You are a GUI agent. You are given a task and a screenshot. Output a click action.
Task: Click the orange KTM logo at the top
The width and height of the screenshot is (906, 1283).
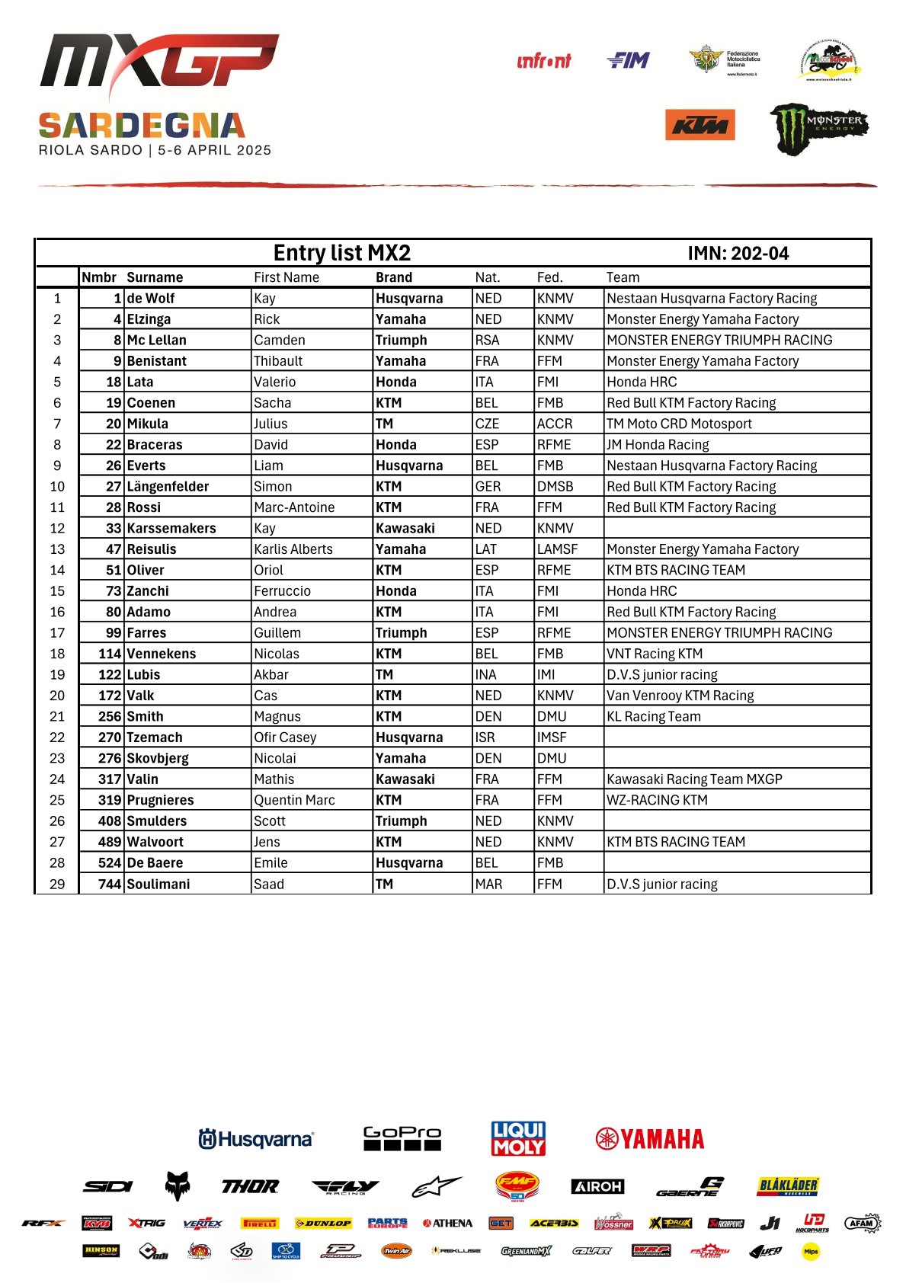click(700, 126)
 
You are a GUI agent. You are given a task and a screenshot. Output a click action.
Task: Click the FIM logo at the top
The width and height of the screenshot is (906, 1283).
click(629, 60)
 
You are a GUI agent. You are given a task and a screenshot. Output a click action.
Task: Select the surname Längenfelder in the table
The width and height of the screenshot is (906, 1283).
click(168, 487)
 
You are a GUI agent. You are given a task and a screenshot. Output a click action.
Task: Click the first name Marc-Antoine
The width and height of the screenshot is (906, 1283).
click(294, 507)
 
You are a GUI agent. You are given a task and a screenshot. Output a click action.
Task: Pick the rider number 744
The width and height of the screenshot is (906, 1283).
click(110, 884)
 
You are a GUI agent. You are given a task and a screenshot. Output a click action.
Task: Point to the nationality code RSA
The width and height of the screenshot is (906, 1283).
click(487, 341)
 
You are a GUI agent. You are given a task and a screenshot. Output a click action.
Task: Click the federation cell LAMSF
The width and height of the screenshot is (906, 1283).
click(557, 549)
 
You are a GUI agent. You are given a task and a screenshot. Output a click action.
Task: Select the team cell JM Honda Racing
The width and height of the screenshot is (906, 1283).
click(658, 445)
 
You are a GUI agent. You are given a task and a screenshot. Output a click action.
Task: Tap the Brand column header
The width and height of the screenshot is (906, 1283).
click(394, 277)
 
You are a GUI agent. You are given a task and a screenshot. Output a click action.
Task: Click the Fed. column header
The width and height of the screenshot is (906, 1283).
click(549, 277)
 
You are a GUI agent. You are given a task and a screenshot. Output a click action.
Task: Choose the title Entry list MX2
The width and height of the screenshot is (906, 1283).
click(342, 253)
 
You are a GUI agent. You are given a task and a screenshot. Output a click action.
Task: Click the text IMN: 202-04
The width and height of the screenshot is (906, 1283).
click(738, 254)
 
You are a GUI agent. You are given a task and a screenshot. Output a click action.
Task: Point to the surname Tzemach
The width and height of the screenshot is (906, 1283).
click(155, 737)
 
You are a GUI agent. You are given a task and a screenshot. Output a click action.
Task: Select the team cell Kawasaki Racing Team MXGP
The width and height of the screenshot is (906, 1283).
click(694, 779)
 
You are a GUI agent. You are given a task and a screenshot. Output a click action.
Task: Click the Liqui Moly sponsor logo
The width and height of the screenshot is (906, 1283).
click(518, 1138)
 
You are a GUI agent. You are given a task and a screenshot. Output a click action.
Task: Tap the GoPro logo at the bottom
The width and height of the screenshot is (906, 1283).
click(402, 1138)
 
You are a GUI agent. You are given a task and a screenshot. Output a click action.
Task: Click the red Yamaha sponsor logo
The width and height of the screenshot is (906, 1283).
click(649, 1139)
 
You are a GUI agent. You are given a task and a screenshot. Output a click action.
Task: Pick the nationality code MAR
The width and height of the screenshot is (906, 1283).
click(488, 884)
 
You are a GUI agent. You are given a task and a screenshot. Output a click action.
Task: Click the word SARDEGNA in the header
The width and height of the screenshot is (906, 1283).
click(142, 126)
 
